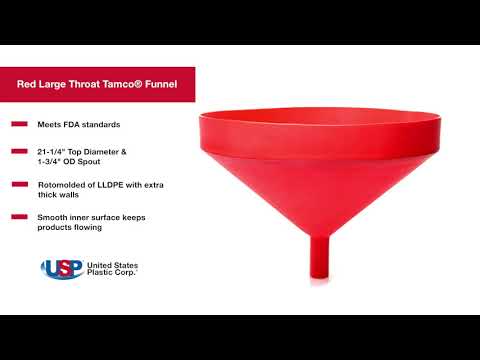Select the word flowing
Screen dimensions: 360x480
(x=87, y=227)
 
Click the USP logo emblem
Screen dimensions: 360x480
(x=62, y=268)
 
